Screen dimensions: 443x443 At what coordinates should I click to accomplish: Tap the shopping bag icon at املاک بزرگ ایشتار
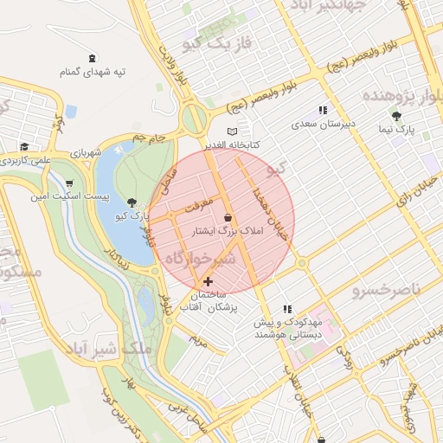pyautogui.click(x=228, y=217)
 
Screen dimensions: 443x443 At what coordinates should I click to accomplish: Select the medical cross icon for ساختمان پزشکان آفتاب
pyautogui.click(x=208, y=281)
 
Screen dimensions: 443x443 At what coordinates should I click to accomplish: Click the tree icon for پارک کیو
pyautogui.click(x=131, y=201)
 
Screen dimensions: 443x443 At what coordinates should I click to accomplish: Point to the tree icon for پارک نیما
pyautogui.click(x=397, y=115)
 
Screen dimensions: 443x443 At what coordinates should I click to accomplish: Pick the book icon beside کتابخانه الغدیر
pyautogui.click(x=231, y=131)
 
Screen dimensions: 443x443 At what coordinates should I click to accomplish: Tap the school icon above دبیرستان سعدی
pyautogui.click(x=323, y=110)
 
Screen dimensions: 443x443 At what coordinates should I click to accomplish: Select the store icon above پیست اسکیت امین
pyautogui.click(x=68, y=183)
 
